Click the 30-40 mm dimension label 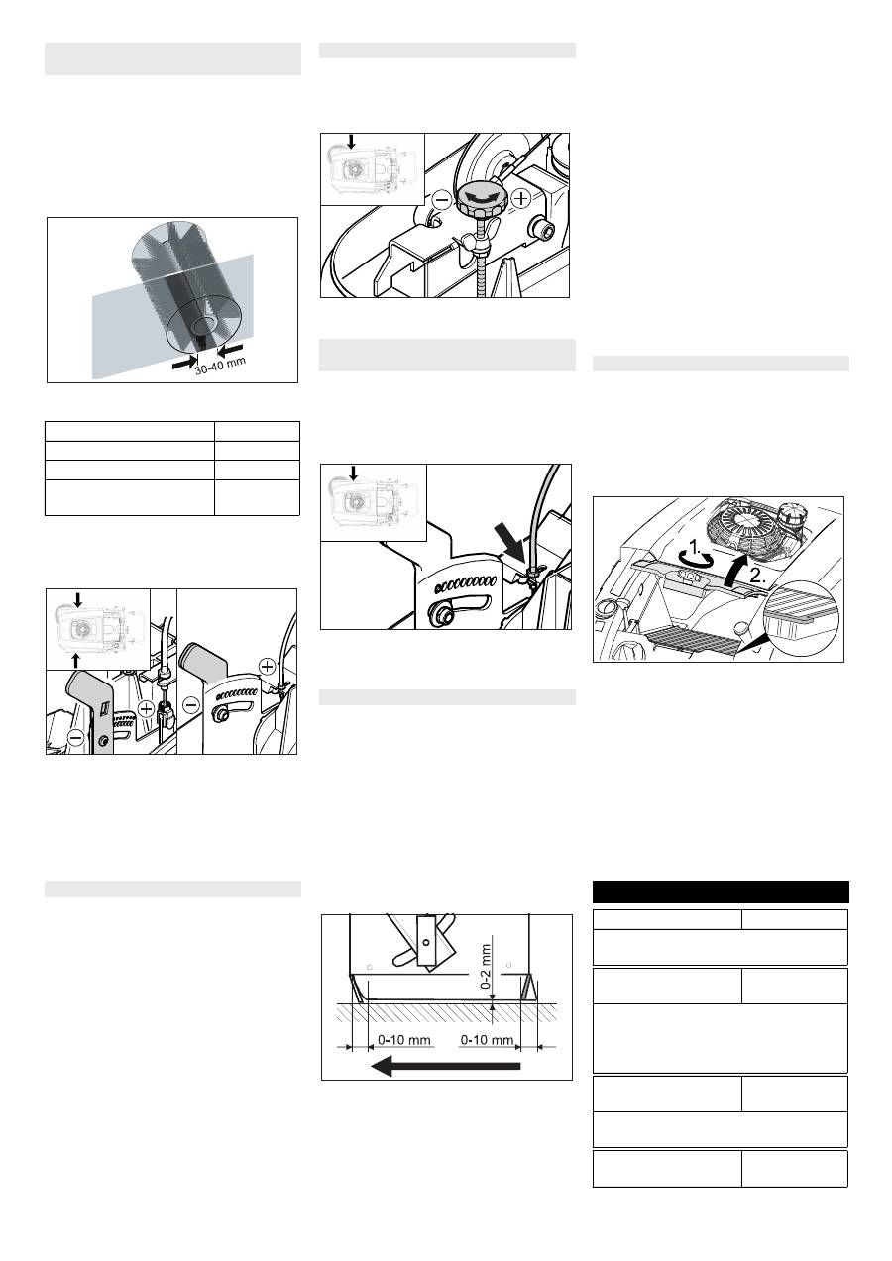pyautogui.click(x=221, y=366)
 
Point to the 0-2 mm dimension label pyautogui.click(x=486, y=967)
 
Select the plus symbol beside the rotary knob pyautogui.click(x=522, y=198)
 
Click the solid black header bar pyautogui.click(x=721, y=892)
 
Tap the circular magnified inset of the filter pyautogui.click(x=801, y=617)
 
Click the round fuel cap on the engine pyautogui.click(x=788, y=517)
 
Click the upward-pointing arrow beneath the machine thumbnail pyautogui.click(x=76, y=660)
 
